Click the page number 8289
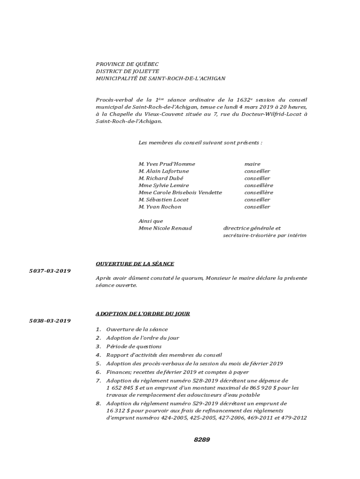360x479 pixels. point(202,440)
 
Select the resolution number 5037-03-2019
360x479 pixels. point(50,271)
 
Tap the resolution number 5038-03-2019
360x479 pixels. point(50,320)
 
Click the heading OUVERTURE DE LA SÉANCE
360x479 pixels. point(135,264)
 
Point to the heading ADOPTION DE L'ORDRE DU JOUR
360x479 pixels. point(143,313)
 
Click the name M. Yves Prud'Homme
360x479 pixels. point(166,164)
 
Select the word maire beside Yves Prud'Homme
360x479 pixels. point(252,164)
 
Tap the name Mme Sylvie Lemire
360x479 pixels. point(164,185)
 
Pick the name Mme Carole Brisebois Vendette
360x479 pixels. point(180,192)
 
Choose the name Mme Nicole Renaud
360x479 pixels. point(165,228)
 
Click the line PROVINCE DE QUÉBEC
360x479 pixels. point(127,64)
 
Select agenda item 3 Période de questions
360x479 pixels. point(134,347)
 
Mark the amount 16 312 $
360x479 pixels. point(117,410)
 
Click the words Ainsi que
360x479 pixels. point(151,221)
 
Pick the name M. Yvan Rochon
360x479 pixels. point(159,207)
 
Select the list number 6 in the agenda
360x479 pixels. point(98,372)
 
